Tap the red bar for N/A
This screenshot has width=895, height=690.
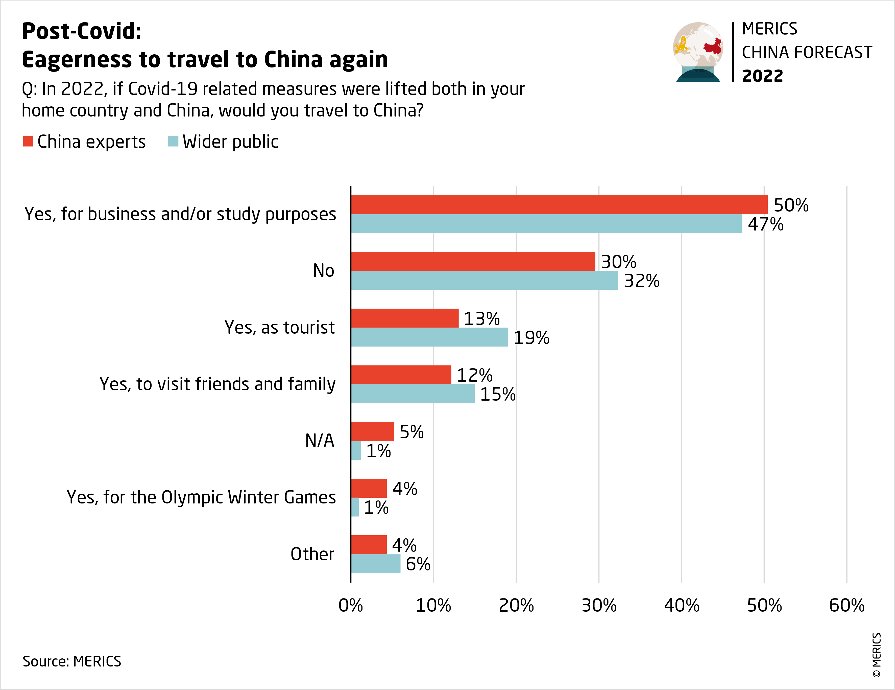372,431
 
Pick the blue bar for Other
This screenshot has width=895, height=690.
375,564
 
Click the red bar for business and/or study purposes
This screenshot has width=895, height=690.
559,204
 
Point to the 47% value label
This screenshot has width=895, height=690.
765,224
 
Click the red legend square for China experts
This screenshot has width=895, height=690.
28,142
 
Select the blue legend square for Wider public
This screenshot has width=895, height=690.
173,142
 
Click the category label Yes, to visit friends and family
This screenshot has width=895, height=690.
217,384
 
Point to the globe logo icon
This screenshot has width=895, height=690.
698,52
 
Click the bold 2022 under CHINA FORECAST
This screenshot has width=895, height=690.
762,76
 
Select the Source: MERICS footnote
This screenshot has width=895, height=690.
72,661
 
